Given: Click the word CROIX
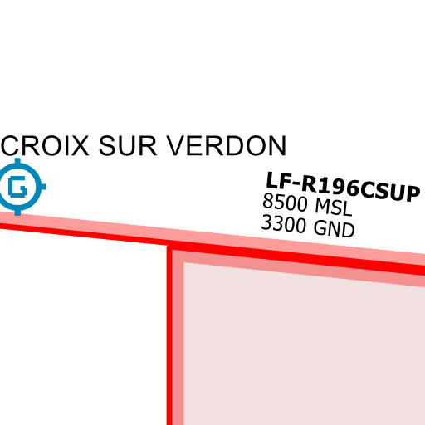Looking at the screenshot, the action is tap(45, 145).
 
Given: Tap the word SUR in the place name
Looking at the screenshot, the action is tap(128, 145).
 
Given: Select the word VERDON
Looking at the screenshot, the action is tap(227, 145).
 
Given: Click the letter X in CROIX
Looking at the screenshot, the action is tap(79, 145).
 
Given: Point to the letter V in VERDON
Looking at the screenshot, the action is tap(177, 145).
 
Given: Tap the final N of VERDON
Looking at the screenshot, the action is tap(277, 145).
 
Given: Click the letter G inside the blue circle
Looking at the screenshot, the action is tap(17, 187).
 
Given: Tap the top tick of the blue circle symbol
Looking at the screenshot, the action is tap(17, 161).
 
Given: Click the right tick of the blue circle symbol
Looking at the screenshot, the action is tap(43, 187).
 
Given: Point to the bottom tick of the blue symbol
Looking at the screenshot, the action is tap(17, 212).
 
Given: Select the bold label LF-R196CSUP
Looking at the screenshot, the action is tap(343, 187).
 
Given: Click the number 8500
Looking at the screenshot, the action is tap(285, 202).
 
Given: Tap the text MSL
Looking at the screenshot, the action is tap(334, 208).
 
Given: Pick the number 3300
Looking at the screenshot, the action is tap(284, 223).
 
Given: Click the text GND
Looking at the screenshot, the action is tap(334, 229).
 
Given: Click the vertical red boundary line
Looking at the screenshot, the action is tap(169, 335).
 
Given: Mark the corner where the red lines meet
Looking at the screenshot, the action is tap(169, 247).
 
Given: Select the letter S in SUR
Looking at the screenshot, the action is tap(107, 145).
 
